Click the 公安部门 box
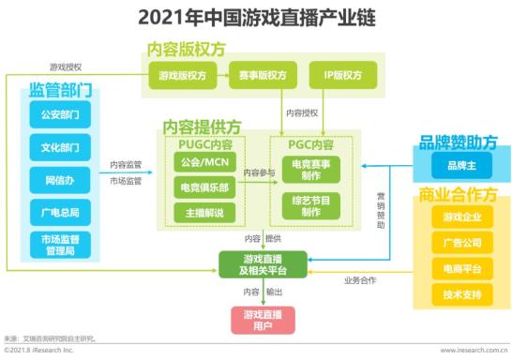click(61, 118)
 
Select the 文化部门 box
click(61, 148)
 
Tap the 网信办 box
click(61, 179)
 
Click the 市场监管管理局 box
click(61, 246)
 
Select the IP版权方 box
click(342, 75)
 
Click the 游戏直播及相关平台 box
click(264, 264)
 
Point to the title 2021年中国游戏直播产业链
click(256, 17)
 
